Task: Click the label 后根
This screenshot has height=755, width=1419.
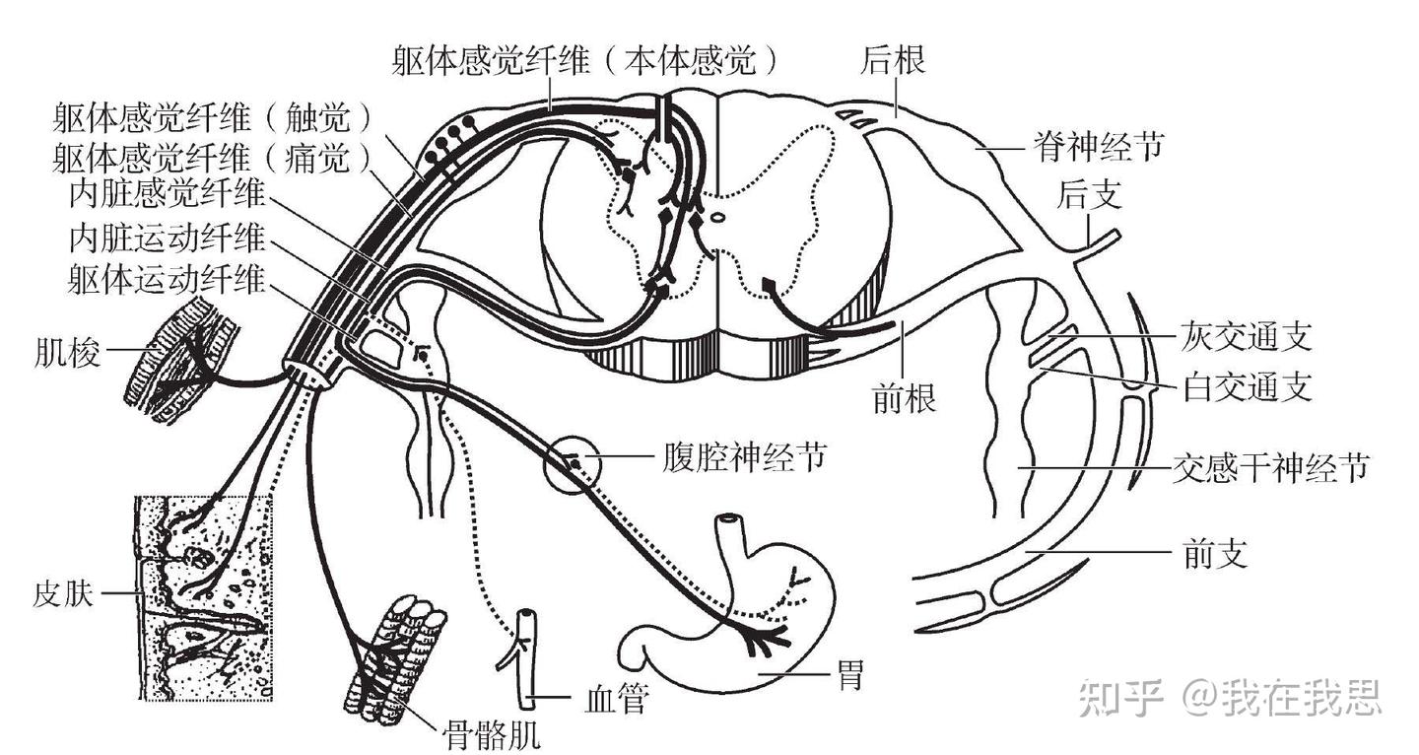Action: coord(893,61)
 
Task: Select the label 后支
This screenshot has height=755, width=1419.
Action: coord(1089,195)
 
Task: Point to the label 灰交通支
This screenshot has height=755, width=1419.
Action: coord(1245,338)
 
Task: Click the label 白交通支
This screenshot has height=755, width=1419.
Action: coord(1245,387)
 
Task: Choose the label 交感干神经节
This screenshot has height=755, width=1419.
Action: coord(1271,466)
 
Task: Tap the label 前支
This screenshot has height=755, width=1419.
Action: coord(1214,554)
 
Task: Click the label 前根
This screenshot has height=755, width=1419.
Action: coord(904,399)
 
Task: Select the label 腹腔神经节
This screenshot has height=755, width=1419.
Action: coord(740,457)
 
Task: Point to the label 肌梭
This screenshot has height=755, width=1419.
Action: coord(67,352)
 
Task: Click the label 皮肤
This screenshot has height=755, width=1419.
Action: coord(62,594)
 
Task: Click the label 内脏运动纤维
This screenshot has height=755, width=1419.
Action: coord(168,238)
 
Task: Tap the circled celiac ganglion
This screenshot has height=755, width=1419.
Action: coord(572,460)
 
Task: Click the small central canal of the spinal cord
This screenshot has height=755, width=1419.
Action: coord(718,220)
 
